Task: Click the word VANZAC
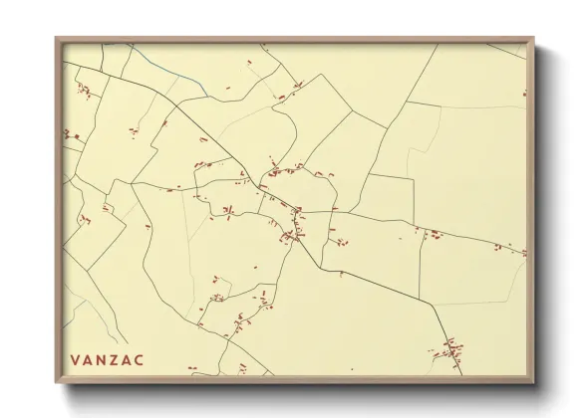coord(107,359)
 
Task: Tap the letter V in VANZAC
coord(75,359)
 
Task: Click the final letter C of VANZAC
coord(140,359)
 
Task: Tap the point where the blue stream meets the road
coord(207,96)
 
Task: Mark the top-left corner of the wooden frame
coord(56,38)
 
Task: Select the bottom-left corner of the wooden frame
coord(56,383)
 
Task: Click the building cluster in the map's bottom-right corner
coord(449,349)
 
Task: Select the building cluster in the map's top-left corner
coord(84,93)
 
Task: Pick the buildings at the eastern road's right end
coord(510,250)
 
